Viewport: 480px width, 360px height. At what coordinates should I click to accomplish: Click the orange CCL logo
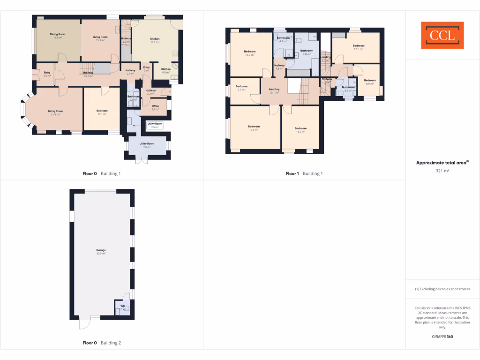(442, 35)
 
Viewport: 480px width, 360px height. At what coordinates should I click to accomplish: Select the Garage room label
(101, 251)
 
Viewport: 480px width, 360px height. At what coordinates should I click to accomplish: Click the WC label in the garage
(122, 307)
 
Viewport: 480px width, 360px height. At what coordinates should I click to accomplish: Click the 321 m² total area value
(442, 171)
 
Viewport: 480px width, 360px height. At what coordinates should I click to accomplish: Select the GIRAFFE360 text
(442, 337)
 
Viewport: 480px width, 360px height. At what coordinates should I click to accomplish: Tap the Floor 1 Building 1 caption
(304, 174)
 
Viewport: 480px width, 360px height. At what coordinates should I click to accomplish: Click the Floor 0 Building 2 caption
(102, 343)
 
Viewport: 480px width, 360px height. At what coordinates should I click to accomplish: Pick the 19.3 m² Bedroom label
(254, 128)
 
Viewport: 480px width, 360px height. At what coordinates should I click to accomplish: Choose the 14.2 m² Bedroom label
(300, 130)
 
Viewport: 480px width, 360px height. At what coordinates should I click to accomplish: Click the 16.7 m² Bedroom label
(249, 53)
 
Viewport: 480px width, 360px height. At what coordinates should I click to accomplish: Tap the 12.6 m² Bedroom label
(359, 47)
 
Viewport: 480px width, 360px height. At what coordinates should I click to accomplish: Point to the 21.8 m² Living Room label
(55, 112)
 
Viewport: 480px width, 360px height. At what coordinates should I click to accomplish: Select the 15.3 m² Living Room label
(100, 38)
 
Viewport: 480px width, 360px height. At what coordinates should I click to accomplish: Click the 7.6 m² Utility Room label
(147, 145)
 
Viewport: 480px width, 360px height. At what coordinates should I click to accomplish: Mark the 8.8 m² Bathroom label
(307, 52)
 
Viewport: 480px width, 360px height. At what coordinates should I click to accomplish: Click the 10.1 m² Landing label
(274, 90)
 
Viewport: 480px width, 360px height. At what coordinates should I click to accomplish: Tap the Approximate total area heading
(442, 163)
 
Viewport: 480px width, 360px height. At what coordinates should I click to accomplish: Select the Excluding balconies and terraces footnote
(442, 289)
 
